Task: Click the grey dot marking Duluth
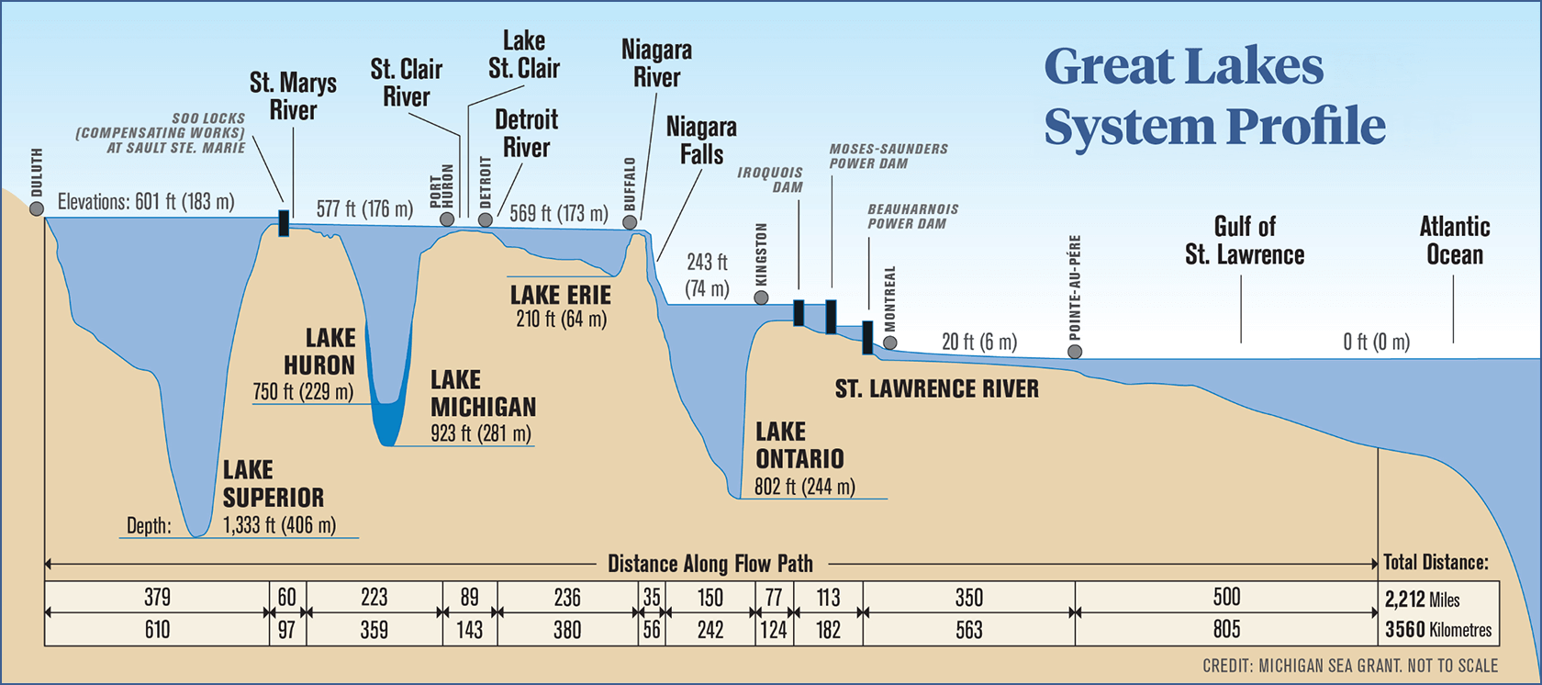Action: [x=37, y=208]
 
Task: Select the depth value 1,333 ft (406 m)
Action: [x=279, y=525]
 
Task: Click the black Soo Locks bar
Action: [x=284, y=223]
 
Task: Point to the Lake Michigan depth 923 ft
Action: [x=481, y=433]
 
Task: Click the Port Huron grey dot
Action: [x=447, y=219]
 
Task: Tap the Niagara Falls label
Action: [x=701, y=140]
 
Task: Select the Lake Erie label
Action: [x=561, y=296]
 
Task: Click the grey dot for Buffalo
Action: [x=630, y=222]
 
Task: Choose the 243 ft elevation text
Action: [x=707, y=263]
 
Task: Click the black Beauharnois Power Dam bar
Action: [x=867, y=337]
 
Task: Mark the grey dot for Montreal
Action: [x=889, y=342]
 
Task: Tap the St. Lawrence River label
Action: [x=936, y=388]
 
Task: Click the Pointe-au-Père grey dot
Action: [x=1075, y=352]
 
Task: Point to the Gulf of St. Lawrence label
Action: [x=1244, y=241]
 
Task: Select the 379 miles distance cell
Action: [x=157, y=597]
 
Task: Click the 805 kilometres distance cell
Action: [x=1226, y=629]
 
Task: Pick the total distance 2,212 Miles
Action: [x=1422, y=600]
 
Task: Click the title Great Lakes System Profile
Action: [x=1213, y=95]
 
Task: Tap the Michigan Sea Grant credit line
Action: [x=1349, y=666]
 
